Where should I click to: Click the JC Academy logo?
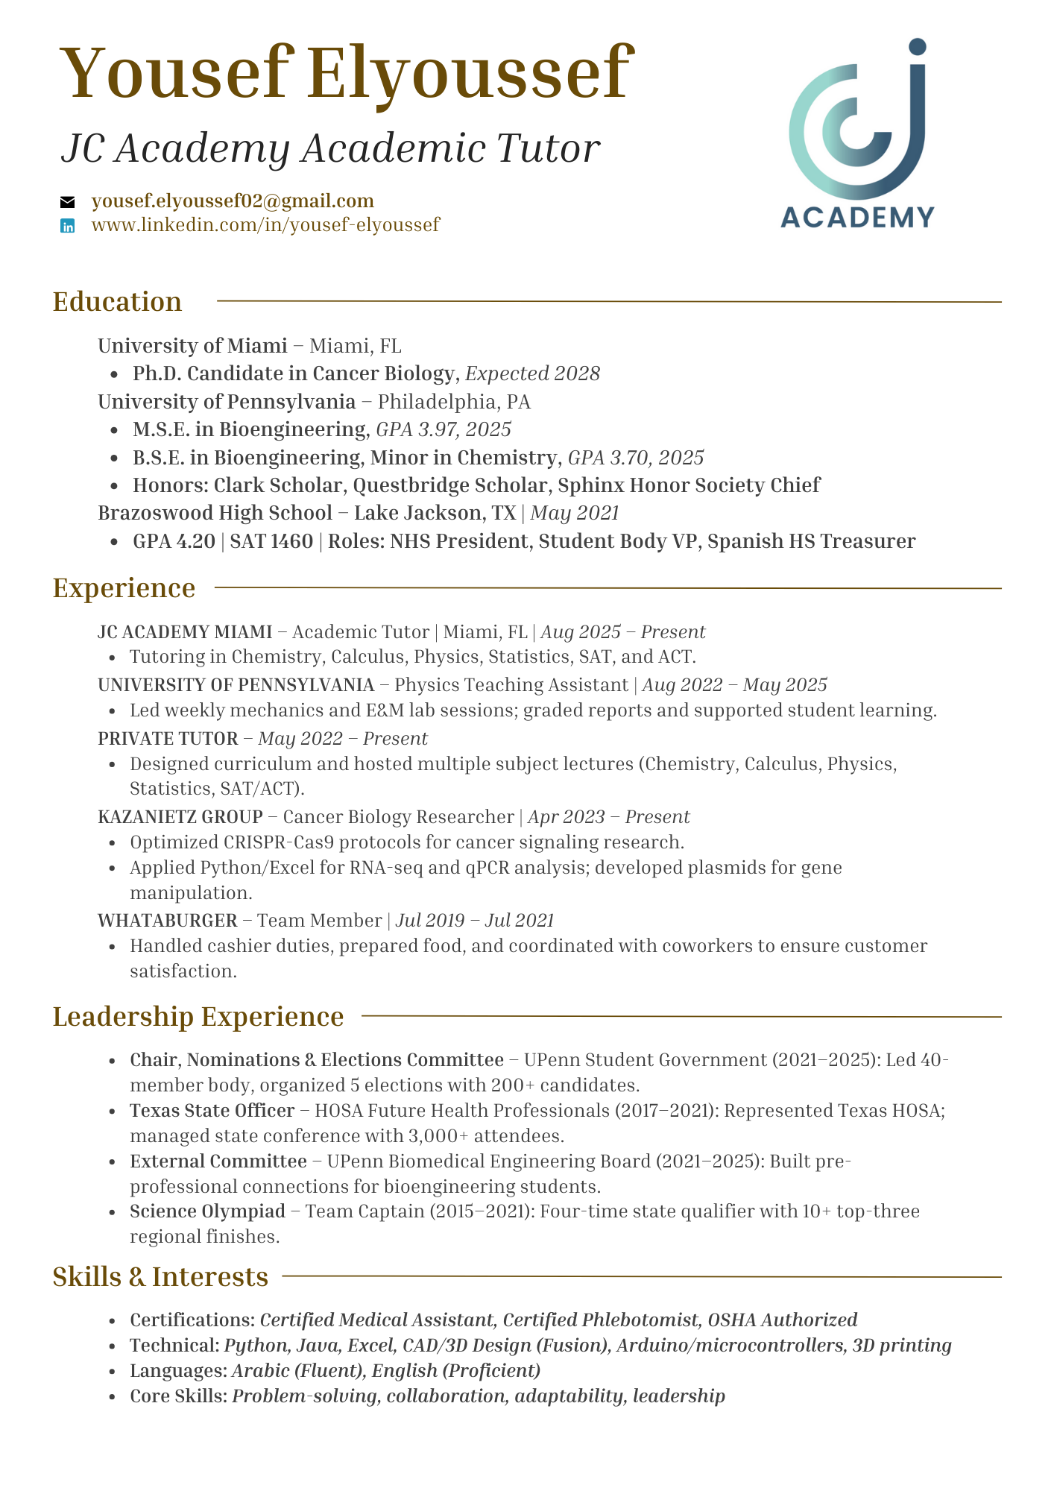857,134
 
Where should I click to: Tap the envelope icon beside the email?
68,202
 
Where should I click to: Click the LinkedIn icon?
68,226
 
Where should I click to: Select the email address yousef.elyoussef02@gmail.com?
233,201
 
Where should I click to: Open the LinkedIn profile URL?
265,224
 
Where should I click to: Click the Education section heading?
117,302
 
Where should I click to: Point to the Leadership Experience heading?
198,1017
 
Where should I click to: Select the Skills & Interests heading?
160,1277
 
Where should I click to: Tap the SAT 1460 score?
271,541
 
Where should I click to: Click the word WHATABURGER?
167,921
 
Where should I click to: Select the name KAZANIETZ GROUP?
180,817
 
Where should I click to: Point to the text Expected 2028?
532,373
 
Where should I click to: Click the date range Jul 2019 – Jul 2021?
475,921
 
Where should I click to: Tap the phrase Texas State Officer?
212,1111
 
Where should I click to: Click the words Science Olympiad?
207,1211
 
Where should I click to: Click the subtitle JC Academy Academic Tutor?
330,148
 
